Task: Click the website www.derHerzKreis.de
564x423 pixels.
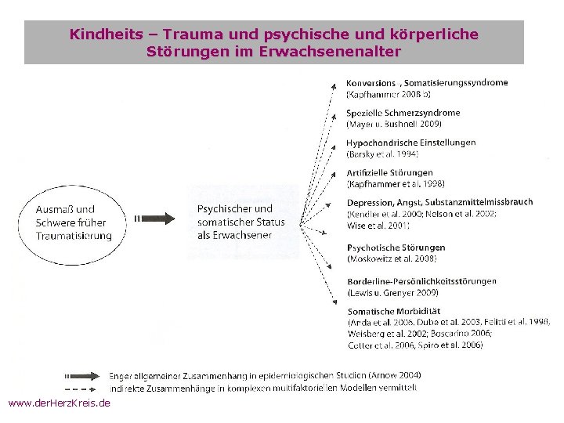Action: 59,403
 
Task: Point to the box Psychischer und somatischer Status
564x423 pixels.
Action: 241,222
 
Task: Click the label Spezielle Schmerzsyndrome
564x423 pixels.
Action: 403,113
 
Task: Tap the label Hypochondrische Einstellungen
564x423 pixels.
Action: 410,143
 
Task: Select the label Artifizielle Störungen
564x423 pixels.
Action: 389,172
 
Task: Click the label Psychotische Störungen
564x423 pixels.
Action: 396,248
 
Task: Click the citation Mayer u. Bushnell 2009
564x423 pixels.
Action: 394,124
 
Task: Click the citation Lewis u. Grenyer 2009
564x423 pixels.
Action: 394,293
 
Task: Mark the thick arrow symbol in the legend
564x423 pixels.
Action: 81,374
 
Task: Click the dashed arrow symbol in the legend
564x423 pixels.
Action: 81,387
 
